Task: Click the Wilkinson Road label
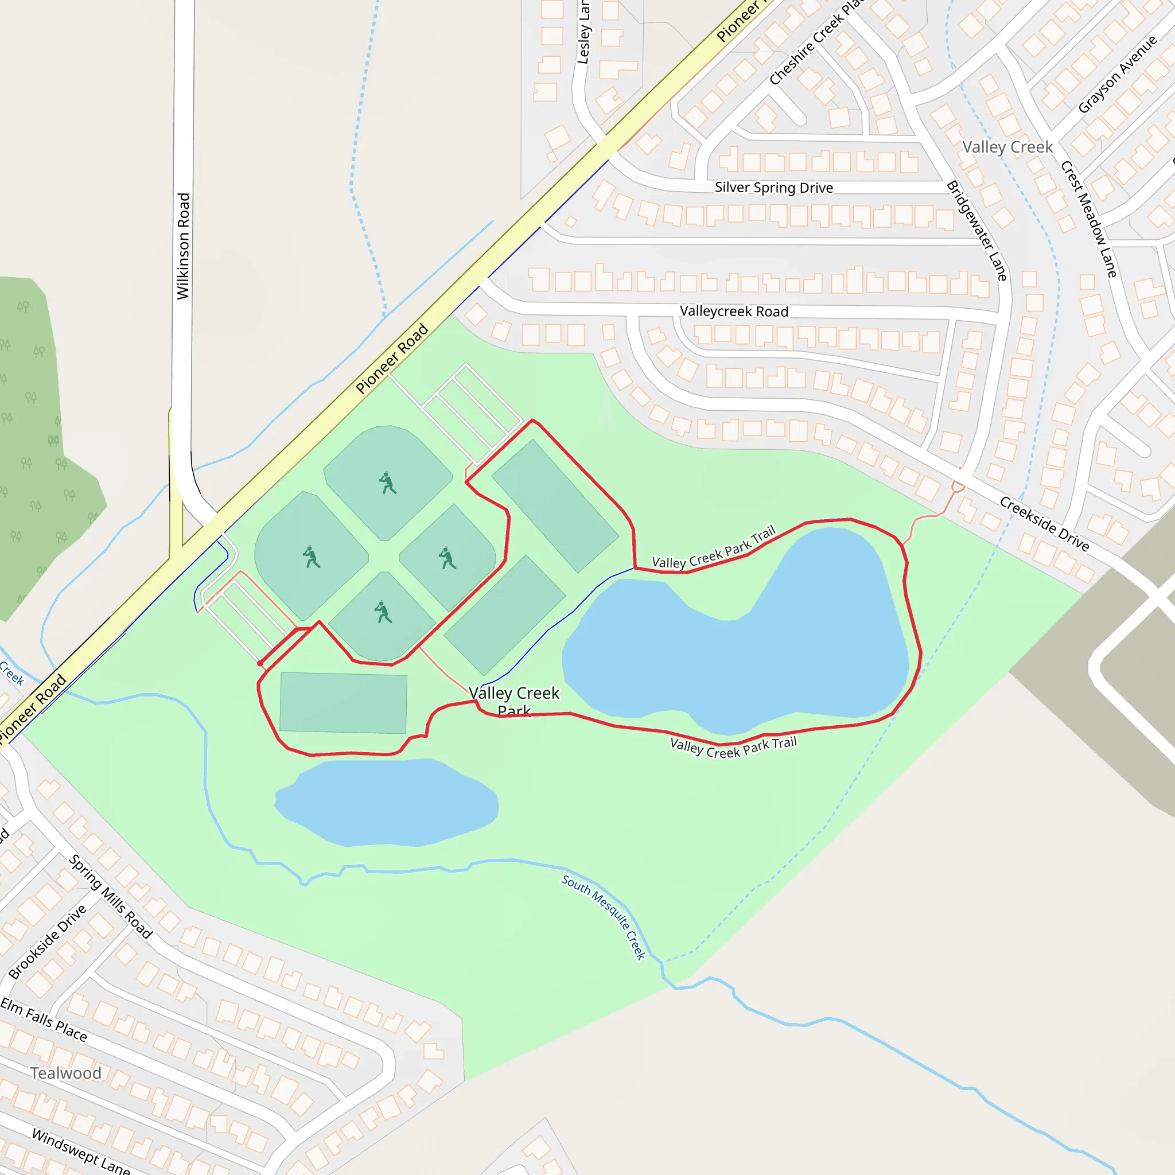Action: coord(183,246)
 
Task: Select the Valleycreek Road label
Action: coord(733,312)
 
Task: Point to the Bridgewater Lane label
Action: coord(976,231)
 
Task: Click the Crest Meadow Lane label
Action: coord(1088,219)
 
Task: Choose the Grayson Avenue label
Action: coord(1117,74)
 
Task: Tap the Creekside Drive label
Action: coord(1044,524)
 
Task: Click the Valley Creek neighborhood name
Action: coord(1007,147)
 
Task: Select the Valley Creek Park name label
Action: coord(514,701)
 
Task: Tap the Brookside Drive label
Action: coord(48,942)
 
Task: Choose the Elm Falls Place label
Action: coord(44,1020)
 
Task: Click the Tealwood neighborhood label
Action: coord(65,1073)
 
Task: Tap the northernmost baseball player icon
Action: coord(387,483)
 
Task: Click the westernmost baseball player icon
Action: coord(312,557)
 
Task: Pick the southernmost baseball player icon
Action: coord(383,612)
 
